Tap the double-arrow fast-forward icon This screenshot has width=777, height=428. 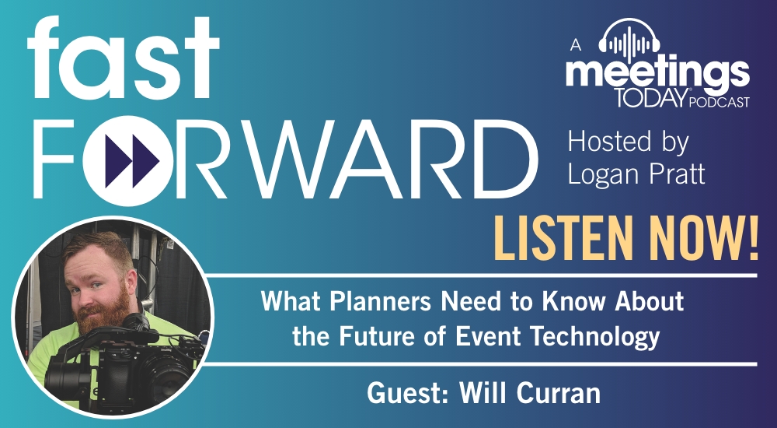pyautogui.click(x=132, y=161)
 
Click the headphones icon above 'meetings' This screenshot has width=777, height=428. pyautogui.click(x=629, y=40)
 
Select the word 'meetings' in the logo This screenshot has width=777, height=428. pyautogui.click(x=657, y=75)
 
